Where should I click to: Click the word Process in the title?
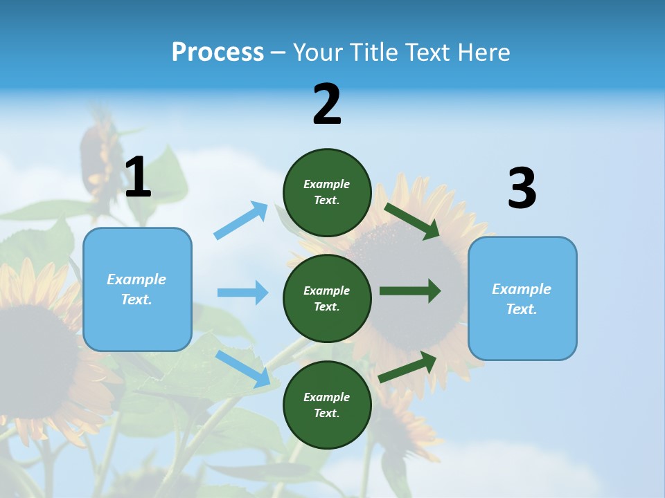tap(218, 53)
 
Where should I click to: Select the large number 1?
tap(138, 178)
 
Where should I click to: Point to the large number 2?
tap(327, 104)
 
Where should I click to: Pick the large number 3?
tap(522, 189)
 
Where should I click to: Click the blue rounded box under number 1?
tap(137, 289)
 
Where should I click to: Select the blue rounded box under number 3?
tap(522, 299)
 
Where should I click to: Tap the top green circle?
tap(327, 192)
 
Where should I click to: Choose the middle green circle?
tap(327, 298)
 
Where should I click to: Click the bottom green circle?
tap(327, 405)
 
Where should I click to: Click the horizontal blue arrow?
tap(242, 293)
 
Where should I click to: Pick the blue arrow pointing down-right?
tap(243, 369)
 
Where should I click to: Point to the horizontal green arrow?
tap(410, 290)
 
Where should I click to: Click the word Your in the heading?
tap(317, 53)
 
